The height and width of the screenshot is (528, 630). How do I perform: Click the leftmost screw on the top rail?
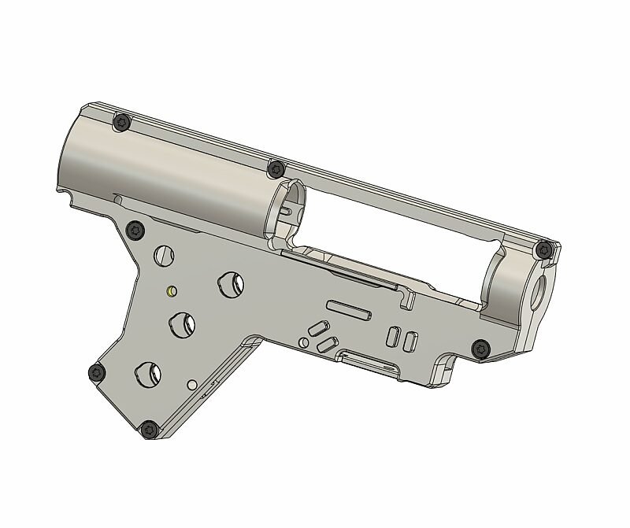[x=121, y=123]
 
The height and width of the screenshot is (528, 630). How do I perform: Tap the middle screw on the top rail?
[x=276, y=168]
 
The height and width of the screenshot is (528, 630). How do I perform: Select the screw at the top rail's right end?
[x=542, y=250]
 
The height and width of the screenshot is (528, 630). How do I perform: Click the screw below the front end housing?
[x=480, y=349]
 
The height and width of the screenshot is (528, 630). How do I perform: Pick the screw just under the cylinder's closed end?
[x=136, y=229]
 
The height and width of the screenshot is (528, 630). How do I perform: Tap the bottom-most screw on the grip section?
[x=149, y=430]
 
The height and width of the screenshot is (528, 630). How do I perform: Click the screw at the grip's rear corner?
[x=97, y=372]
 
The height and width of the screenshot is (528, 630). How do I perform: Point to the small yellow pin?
[x=170, y=290]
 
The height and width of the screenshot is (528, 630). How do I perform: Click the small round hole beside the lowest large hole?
[x=192, y=385]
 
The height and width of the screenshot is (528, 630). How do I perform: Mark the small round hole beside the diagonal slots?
[x=303, y=342]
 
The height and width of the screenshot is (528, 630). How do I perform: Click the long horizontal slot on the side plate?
[x=346, y=307]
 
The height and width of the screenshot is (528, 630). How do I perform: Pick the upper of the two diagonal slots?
[x=318, y=327]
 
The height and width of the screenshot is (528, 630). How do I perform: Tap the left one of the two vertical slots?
[x=391, y=335]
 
